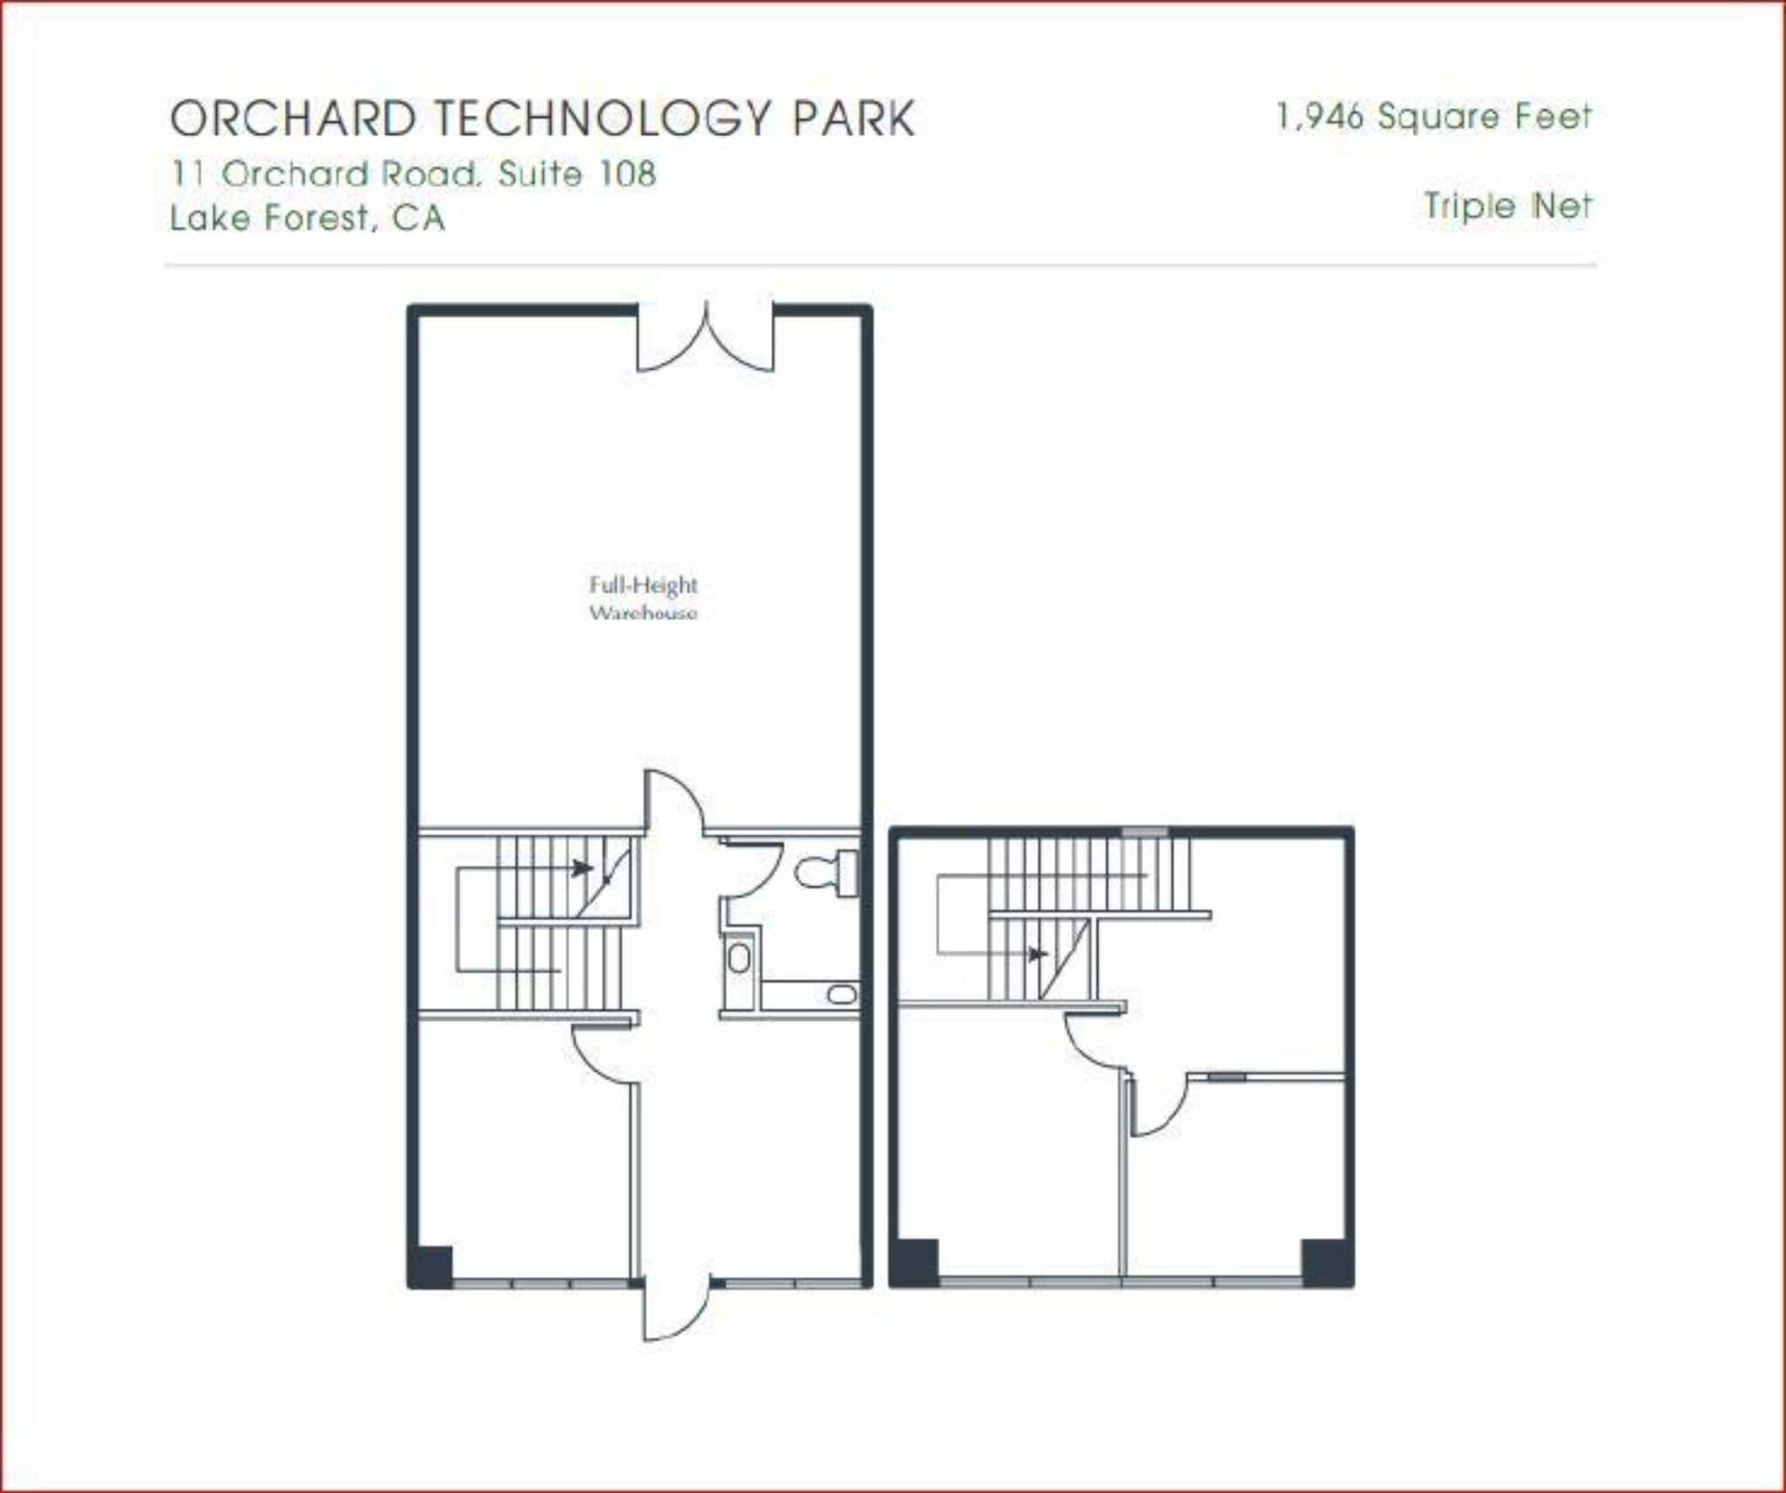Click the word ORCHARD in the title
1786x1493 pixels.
(x=293, y=119)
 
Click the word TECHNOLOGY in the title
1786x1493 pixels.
(x=603, y=119)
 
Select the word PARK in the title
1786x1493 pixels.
(x=854, y=119)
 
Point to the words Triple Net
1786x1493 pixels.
(x=1508, y=206)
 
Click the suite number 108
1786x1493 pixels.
(x=626, y=174)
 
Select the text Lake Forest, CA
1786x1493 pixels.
(x=307, y=217)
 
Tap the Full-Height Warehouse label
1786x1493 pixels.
(x=644, y=598)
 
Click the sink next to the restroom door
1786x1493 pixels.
(x=739, y=958)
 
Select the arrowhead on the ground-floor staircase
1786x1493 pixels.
(x=582, y=868)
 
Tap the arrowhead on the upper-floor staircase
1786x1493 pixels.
(x=1037, y=954)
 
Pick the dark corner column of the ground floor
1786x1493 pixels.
(x=432, y=1265)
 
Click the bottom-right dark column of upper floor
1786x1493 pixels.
(x=1326, y=1262)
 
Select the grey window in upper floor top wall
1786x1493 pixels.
(x=1144, y=832)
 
